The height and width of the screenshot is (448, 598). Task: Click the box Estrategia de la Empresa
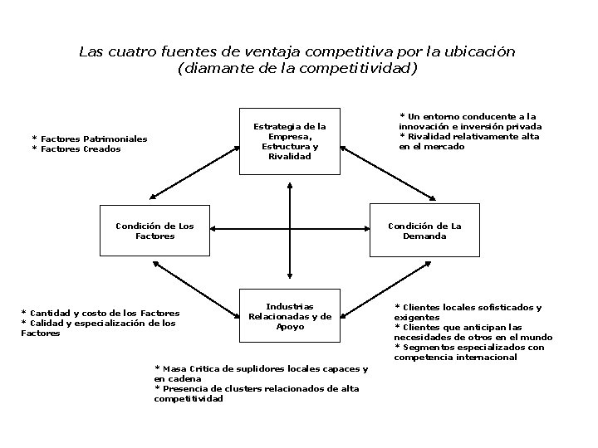click(x=289, y=141)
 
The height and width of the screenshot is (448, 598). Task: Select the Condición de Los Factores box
click(x=154, y=231)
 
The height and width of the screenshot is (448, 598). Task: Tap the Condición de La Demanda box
click(x=424, y=231)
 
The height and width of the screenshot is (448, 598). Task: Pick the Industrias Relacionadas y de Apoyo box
click(x=290, y=316)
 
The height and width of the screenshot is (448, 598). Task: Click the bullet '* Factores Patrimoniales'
click(x=89, y=139)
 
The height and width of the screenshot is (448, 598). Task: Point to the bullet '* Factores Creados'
click(x=76, y=149)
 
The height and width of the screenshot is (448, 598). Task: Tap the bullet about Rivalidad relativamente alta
click(x=469, y=141)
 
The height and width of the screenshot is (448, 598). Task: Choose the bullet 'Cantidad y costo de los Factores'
click(x=100, y=313)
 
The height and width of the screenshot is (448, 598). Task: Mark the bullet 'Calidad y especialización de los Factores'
click(x=98, y=328)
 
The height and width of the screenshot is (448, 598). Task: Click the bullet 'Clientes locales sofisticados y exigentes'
click(x=468, y=312)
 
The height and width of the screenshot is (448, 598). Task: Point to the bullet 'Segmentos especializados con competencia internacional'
click(x=469, y=353)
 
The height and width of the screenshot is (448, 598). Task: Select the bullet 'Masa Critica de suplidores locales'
click(x=261, y=373)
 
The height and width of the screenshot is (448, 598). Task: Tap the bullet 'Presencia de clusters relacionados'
click(x=257, y=393)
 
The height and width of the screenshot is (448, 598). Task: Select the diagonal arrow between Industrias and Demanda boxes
click(x=388, y=290)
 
